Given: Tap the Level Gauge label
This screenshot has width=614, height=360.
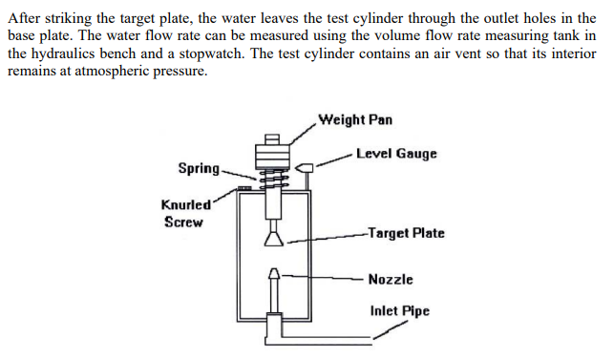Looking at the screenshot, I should point(395,153).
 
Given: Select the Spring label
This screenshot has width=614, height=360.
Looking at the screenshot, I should point(198,168).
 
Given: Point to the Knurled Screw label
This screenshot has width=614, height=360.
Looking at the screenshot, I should point(181,213).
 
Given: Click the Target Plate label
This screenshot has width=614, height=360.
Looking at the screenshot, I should point(406,233).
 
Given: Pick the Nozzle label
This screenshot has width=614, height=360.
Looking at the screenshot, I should point(391,279).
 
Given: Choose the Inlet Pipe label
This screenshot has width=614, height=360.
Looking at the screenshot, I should point(399,310).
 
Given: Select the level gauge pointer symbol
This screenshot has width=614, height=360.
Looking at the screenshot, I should point(307,169).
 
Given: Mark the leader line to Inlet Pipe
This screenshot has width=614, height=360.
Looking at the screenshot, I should point(387,330).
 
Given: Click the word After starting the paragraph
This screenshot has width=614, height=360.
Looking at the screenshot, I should point(24,19).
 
